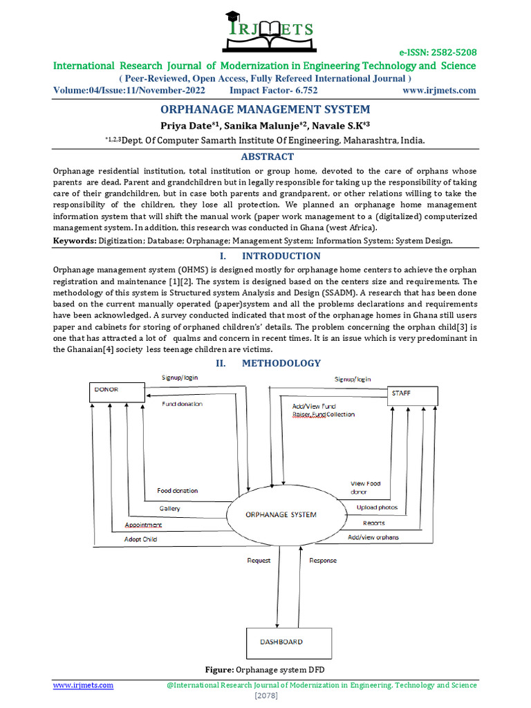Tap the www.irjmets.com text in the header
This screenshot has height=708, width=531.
tap(439, 91)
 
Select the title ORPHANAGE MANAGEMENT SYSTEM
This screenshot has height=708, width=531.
tap(265, 109)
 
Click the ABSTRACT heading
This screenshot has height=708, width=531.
tap(265, 156)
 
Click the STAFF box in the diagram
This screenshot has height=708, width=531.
tap(411, 395)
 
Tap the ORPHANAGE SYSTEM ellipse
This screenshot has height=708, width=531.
tap(281, 514)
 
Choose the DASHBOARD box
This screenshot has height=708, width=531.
tap(281, 642)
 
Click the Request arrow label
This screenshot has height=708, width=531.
tap(259, 560)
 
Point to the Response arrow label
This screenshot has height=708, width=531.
tap(323, 560)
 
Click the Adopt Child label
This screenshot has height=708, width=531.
tap(141, 539)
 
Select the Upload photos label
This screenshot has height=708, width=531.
tap(377, 507)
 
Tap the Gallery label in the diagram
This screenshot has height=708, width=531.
tap(169, 508)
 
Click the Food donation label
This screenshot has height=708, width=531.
tap(177, 490)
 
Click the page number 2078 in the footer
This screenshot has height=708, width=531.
tap(265, 696)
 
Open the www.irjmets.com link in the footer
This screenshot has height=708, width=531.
tap(84, 685)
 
